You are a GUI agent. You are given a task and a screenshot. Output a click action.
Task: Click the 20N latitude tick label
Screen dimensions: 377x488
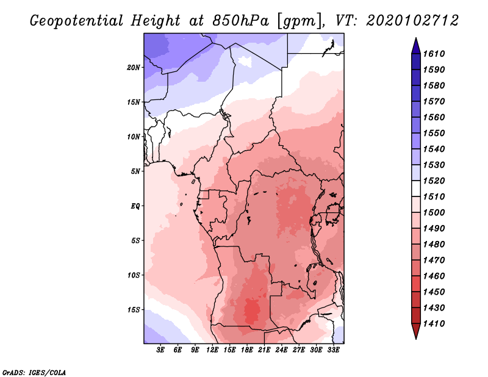tap(134, 67)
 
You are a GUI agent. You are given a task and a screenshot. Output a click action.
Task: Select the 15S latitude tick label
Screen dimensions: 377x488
tap(134, 309)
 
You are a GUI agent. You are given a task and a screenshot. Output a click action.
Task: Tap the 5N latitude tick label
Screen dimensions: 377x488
tap(135, 171)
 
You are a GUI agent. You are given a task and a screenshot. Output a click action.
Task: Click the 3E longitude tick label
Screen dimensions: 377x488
tap(161, 350)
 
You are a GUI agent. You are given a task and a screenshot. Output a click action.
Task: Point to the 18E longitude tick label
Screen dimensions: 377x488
tap(247, 350)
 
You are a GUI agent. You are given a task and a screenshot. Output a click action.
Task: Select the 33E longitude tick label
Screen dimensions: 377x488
tap(333, 350)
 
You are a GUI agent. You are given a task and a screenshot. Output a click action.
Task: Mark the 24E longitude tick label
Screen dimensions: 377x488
tap(281, 350)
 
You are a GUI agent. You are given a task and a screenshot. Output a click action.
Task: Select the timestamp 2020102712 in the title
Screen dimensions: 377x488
tap(412, 21)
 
